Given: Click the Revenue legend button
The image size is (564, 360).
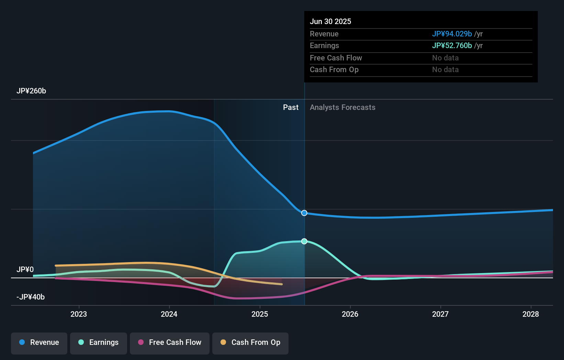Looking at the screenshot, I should click(39, 342).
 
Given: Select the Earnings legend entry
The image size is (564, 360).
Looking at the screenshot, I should click(99, 342).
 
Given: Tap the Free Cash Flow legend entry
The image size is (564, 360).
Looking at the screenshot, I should click(170, 342).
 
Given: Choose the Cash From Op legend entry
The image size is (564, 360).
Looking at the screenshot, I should click(250, 342).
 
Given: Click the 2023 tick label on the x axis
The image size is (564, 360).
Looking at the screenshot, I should click(79, 314).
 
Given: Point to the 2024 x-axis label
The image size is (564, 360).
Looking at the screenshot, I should click(169, 314).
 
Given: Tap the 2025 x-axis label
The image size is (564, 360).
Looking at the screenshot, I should click(260, 314).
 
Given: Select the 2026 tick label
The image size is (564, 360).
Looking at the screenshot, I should click(350, 314).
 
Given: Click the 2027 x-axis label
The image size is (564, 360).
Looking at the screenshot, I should click(440, 314).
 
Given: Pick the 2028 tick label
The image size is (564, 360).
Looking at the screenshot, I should click(531, 314).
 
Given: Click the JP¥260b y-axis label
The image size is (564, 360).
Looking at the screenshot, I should click(31, 91).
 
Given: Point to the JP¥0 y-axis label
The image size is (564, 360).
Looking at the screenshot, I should click(25, 270).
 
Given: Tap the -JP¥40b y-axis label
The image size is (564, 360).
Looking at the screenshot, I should click(31, 297).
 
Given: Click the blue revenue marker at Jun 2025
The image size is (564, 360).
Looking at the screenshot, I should click(304, 213).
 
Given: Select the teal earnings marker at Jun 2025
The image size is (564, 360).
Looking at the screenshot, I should click(304, 241).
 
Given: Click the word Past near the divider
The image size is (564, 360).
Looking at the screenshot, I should click(291, 108).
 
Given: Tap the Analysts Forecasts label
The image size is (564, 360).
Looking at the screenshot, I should click(342, 108).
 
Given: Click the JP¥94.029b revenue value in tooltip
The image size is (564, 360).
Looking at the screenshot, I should click(452, 34).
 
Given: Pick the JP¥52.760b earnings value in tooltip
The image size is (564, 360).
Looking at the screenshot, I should click(452, 46).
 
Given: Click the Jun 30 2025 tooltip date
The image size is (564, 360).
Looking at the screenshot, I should click(330, 22).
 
